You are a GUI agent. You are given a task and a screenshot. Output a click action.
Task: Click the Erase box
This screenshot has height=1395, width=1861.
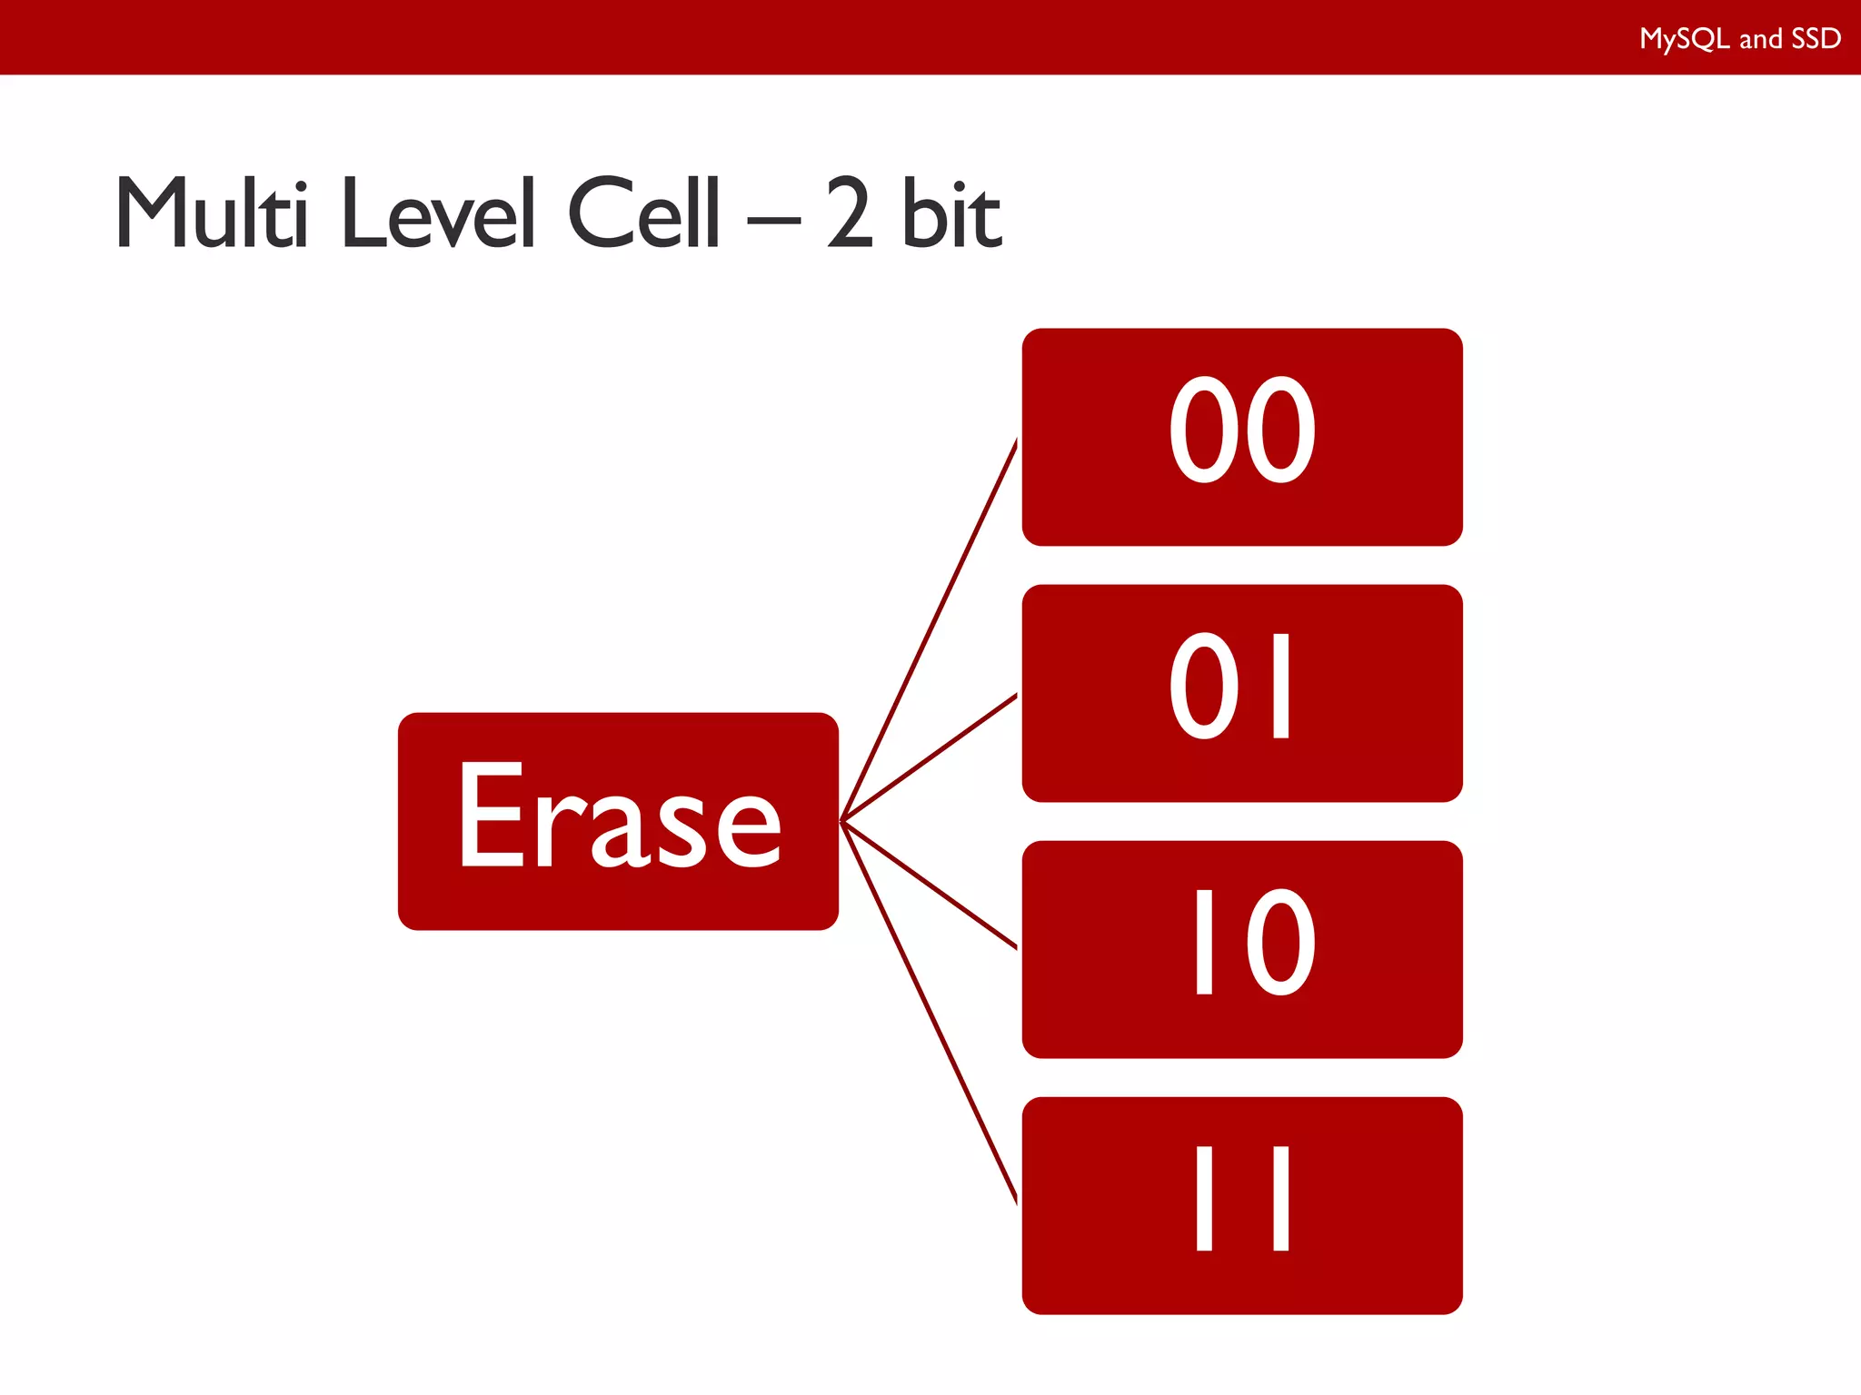(618, 821)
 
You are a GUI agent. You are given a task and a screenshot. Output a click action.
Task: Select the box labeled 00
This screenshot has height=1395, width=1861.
(1241, 437)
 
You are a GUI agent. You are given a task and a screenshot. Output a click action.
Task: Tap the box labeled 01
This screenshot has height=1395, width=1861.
(1241, 693)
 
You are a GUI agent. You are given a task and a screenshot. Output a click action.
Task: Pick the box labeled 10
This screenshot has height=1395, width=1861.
(1241, 949)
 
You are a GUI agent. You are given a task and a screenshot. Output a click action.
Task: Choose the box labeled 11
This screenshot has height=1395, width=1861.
(1241, 1205)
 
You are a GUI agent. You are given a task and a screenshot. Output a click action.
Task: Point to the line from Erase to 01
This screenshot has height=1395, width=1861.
(929, 757)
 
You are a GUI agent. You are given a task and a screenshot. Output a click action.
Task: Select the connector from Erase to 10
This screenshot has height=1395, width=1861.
(929, 885)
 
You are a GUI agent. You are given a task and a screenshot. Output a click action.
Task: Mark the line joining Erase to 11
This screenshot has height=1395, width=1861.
(929, 1012)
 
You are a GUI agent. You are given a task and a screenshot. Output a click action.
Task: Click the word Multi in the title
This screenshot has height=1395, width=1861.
(212, 213)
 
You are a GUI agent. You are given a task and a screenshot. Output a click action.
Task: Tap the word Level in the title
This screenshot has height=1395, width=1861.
(438, 213)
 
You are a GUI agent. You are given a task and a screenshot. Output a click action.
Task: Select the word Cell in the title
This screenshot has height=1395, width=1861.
(643, 213)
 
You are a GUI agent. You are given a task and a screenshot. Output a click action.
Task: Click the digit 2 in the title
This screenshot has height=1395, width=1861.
(851, 213)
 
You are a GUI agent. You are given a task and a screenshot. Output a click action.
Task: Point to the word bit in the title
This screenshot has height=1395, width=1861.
(952, 213)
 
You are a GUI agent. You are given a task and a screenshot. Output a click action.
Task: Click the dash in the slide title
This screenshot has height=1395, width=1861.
(773, 220)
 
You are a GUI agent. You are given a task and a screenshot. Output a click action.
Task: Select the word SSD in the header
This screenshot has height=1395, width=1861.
(1816, 39)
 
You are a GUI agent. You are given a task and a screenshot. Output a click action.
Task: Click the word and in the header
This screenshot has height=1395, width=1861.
(1760, 39)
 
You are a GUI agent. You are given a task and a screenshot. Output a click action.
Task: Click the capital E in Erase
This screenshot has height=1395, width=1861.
(491, 815)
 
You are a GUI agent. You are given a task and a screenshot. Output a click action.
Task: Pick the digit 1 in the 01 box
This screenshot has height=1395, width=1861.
(1281, 687)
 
